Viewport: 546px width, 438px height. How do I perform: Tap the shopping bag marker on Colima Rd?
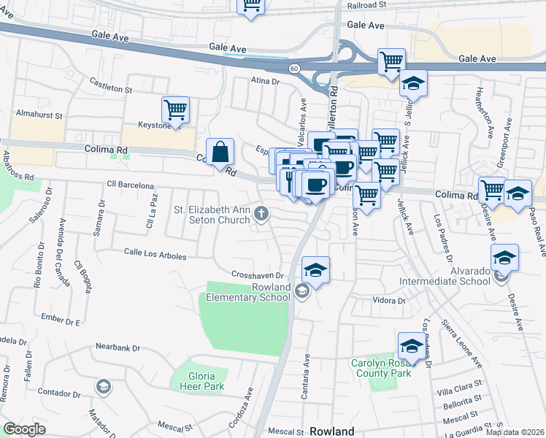pyautogui.click(x=220, y=153)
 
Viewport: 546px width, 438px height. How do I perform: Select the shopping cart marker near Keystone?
pyautogui.click(x=175, y=111)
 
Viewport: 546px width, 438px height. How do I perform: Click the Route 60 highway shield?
pyautogui.click(x=294, y=68)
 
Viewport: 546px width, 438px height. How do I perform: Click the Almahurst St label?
pyautogui.click(x=39, y=115)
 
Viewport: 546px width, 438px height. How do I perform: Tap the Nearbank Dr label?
pyautogui.click(x=118, y=347)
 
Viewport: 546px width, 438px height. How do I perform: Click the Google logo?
pyautogui.click(x=24, y=429)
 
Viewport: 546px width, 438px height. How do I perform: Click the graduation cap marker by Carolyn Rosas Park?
pyautogui.click(x=412, y=347)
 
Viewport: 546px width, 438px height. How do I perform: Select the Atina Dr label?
pyautogui.click(x=266, y=82)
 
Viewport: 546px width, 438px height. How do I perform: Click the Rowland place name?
pyautogui.click(x=332, y=431)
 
